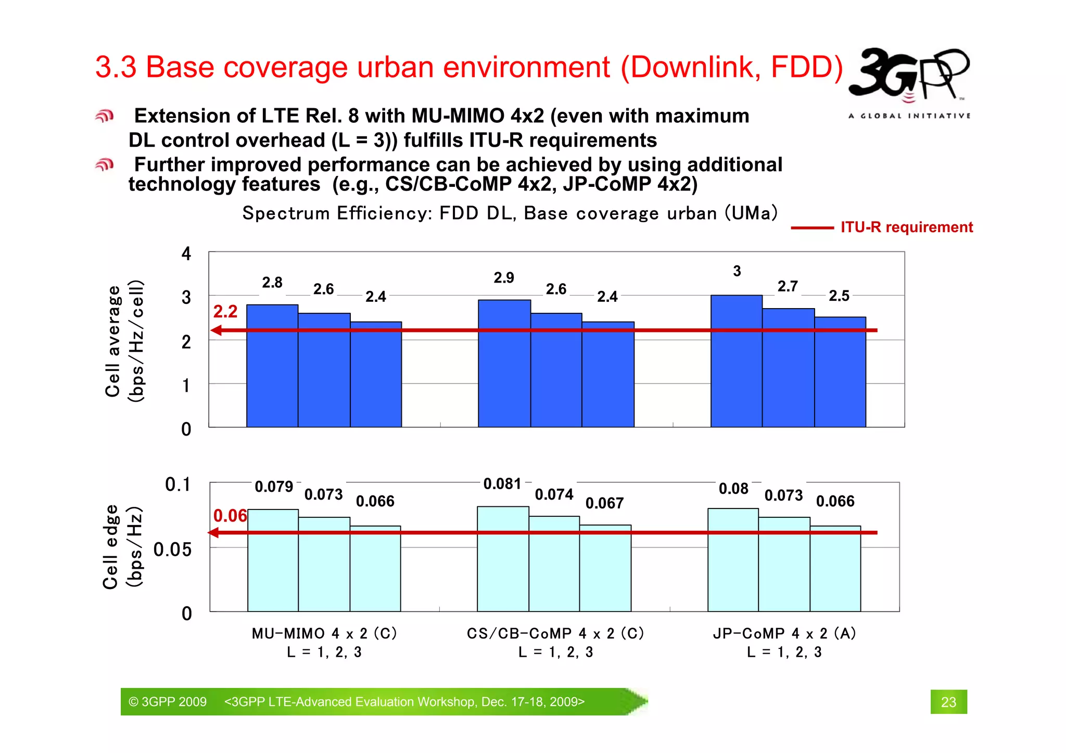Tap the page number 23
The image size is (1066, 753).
[948, 702]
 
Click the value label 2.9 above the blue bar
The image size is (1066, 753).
[504, 278]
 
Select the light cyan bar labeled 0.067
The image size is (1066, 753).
[605, 568]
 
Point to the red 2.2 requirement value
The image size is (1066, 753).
[225, 312]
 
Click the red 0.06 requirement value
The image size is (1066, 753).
[230, 516]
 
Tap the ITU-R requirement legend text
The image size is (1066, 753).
[906, 227]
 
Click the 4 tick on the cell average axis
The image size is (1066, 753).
[186, 254]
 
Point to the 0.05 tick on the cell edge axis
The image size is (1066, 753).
[172, 550]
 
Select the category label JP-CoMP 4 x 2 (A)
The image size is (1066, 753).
[784, 633]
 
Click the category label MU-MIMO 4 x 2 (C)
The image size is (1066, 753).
[324, 633]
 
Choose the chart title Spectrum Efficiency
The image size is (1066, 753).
[510, 213]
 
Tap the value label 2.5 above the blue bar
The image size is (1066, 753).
[839, 296]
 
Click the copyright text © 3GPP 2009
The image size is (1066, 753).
[168, 702]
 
